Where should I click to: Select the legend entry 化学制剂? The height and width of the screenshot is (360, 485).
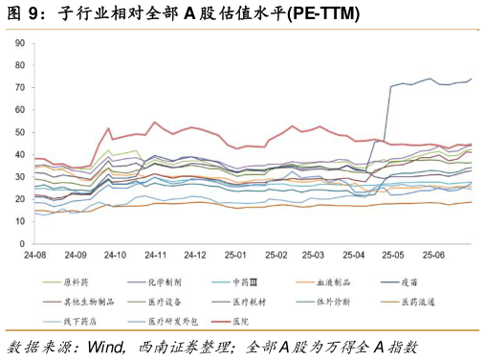tap(159, 282)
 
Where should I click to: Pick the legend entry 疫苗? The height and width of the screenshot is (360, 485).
tap(418, 282)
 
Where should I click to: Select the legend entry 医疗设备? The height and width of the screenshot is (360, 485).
tap(159, 301)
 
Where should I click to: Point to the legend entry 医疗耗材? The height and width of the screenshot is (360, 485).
tap(248, 301)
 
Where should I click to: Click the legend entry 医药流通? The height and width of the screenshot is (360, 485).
tap(422, 301)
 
